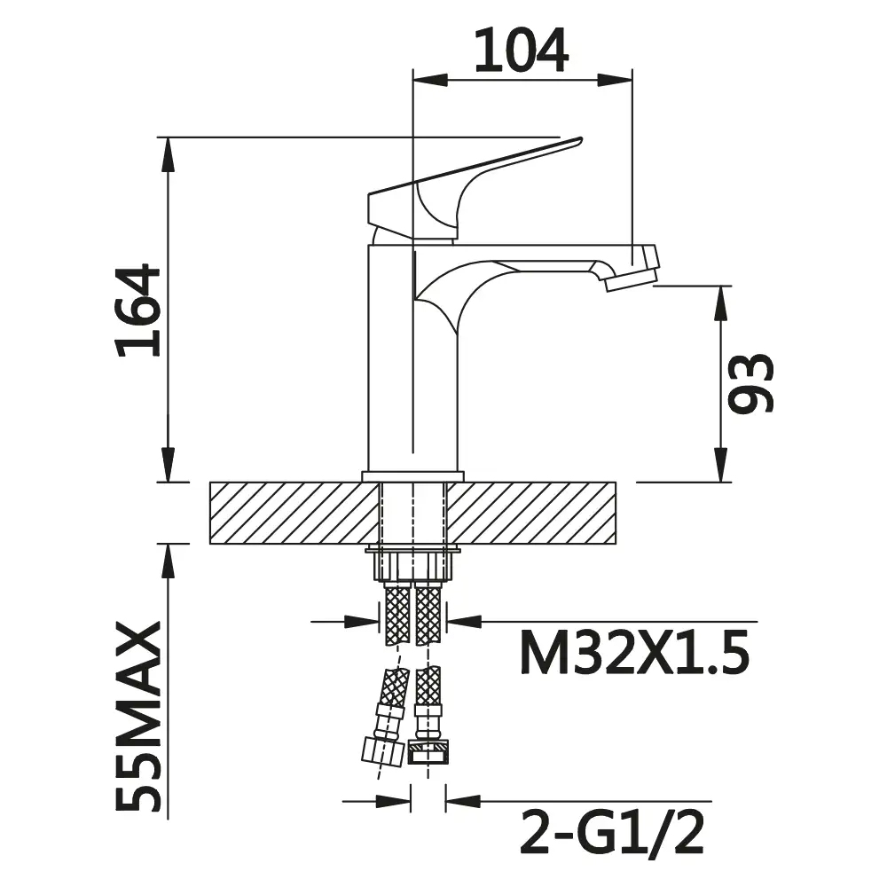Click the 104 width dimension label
point(521,51)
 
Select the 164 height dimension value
point(139,310)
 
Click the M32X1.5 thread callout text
point(635,655)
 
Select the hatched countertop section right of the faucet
point(532,513)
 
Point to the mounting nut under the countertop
point(413,564)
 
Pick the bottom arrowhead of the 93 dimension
point(723,470)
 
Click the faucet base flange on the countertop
point(413,476)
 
